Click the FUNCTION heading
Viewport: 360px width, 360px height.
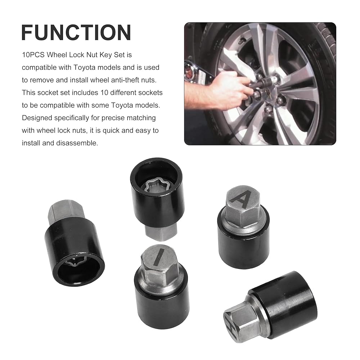click(x=76, y=33)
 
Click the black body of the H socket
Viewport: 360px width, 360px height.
click(x=287, y=303)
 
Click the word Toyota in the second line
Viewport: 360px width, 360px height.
click(x=84, y=68)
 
